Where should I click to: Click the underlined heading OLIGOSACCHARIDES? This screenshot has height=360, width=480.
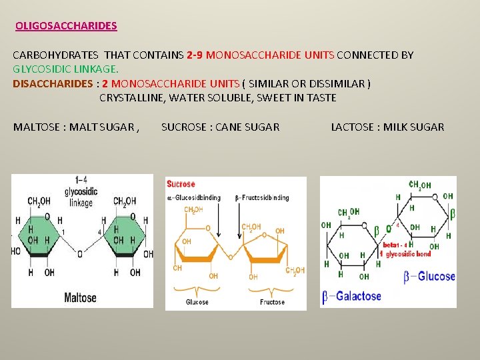click(x=66, y=26)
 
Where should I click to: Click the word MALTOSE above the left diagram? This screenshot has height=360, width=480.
click(x=37, y=127)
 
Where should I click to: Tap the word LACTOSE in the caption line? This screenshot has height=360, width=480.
click(x=354, y=127)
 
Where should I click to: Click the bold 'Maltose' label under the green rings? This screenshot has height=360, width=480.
click(x=80, y=297)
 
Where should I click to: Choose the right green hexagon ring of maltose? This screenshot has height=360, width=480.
click(x=127, y=234)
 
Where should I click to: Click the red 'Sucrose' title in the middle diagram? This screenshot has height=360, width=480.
click(x=181, y=184)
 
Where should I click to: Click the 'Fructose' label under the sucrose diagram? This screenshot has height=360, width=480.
click(x=272, y=302)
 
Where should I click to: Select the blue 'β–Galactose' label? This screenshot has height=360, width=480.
click(x=353, y=296)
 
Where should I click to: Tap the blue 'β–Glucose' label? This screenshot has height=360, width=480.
click(x=430, y=276)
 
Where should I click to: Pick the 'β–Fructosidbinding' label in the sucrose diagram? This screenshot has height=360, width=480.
click(x=262, y=197)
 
